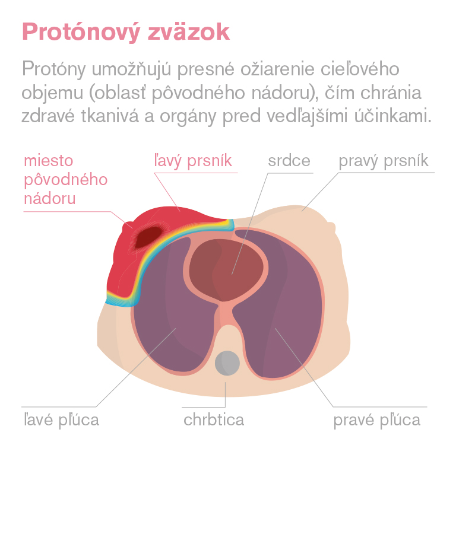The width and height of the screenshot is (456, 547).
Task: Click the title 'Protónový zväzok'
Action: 126,33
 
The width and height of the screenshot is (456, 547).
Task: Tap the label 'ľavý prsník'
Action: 193,161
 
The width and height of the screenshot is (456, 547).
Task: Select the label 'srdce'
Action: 289,161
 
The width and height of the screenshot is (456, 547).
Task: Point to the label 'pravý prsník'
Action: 384,161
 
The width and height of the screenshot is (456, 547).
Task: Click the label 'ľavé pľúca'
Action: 61,420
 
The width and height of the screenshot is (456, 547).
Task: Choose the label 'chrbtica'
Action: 214,419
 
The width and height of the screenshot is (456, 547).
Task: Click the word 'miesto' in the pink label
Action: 49,161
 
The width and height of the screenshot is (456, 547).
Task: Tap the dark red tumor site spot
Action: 149,236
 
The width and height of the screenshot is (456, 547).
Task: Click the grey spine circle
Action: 227,363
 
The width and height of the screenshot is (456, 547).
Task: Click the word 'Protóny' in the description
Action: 54,69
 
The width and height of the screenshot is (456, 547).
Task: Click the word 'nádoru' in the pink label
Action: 50,199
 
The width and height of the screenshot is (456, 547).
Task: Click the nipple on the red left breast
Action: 126,227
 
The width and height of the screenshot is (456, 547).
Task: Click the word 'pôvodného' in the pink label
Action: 66,180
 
